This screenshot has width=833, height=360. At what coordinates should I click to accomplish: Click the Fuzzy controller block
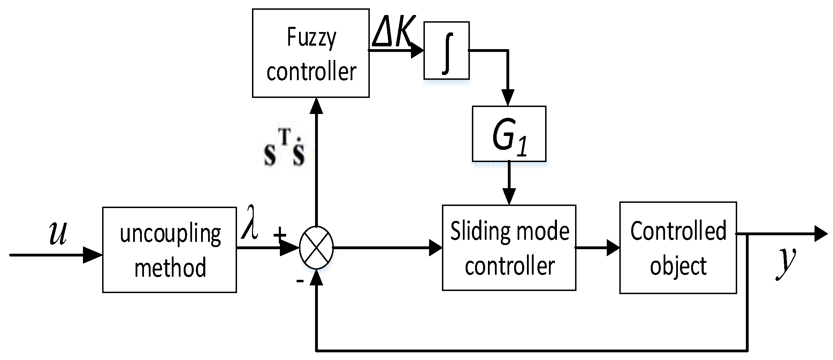[311, 53]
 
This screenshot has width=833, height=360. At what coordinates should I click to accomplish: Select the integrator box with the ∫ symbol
[446, 51]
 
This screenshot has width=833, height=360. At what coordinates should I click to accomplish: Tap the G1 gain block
[509, 133]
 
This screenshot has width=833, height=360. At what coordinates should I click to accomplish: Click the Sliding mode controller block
[509, 248]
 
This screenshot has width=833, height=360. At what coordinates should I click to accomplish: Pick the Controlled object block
[678, 248]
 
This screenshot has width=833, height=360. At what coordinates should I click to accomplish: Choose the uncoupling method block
[169, 250]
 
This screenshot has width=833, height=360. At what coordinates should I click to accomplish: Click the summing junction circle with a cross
[316, 248]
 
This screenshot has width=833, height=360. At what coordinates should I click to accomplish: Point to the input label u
[58, 233]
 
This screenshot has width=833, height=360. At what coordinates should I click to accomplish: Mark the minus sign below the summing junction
[300, 281]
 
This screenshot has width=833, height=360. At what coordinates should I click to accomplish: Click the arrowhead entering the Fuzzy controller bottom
[316, 106]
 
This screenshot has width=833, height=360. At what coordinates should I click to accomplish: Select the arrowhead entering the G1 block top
[508, 98]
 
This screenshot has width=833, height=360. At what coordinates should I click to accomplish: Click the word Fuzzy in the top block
[311, 37]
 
